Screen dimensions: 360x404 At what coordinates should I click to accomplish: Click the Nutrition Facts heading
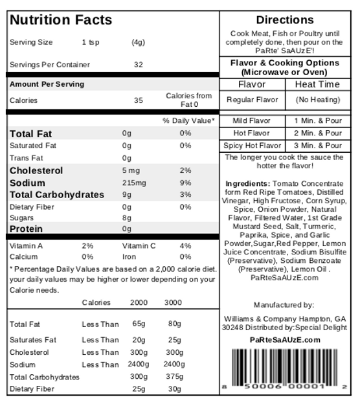tap(60, 19)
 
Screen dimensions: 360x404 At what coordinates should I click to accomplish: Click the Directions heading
tap(285, 20)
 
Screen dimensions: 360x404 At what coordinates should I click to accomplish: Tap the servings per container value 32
tap(138, 65)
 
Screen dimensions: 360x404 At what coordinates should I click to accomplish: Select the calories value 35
tap(138, 100)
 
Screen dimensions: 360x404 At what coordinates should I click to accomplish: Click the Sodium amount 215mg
tap(134, 183)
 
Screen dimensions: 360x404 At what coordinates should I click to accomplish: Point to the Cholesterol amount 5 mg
tap(131, 170)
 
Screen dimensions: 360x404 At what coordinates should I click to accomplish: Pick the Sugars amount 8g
tap(127, 218)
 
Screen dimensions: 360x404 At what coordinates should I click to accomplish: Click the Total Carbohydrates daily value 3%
tap(186, 194)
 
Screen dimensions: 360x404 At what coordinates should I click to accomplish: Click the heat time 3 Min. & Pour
tap(318, 146)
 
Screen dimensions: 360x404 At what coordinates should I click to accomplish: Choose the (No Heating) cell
tap(318, 100)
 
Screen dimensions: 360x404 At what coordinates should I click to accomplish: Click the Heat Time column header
tap(318, 85)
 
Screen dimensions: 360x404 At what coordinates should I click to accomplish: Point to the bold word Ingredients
tap(247, 184)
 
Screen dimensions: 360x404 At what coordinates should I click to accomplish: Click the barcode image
tap(286, 369)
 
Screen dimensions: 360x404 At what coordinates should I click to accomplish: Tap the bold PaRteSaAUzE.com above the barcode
tap(285, 340)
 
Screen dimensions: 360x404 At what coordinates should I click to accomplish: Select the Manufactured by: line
tap(284, 305)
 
